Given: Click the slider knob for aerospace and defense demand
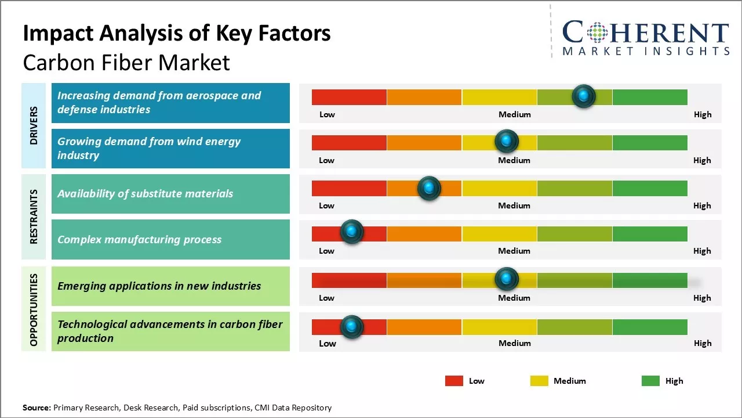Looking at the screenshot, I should (583, 96).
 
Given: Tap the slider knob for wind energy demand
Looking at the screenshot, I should (507, 141).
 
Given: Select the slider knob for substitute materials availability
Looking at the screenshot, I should (429, 188).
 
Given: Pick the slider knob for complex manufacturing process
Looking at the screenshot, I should (351, 232).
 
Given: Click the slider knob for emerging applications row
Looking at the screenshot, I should (507, 279).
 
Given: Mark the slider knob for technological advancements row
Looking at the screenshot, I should (351, 327).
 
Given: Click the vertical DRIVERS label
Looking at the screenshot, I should (34, 125).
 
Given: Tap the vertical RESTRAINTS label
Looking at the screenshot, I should (34, 217).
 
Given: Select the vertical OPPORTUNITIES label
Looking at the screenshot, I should (34, 309).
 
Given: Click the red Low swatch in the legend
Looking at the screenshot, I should (454, 381).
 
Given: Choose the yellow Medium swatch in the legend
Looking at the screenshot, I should (539, 381).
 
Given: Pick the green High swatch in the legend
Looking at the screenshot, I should (650, 381).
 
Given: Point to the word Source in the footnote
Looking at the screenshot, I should (37, 408).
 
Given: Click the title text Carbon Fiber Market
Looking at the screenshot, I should (126, 63).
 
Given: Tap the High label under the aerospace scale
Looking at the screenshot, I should (702, 114).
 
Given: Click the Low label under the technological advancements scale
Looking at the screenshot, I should (328, 343).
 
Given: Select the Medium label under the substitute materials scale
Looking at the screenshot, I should (514, 206).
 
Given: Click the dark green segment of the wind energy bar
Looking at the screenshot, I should (649, 142).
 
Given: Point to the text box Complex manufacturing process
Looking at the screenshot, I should (170, 239).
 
